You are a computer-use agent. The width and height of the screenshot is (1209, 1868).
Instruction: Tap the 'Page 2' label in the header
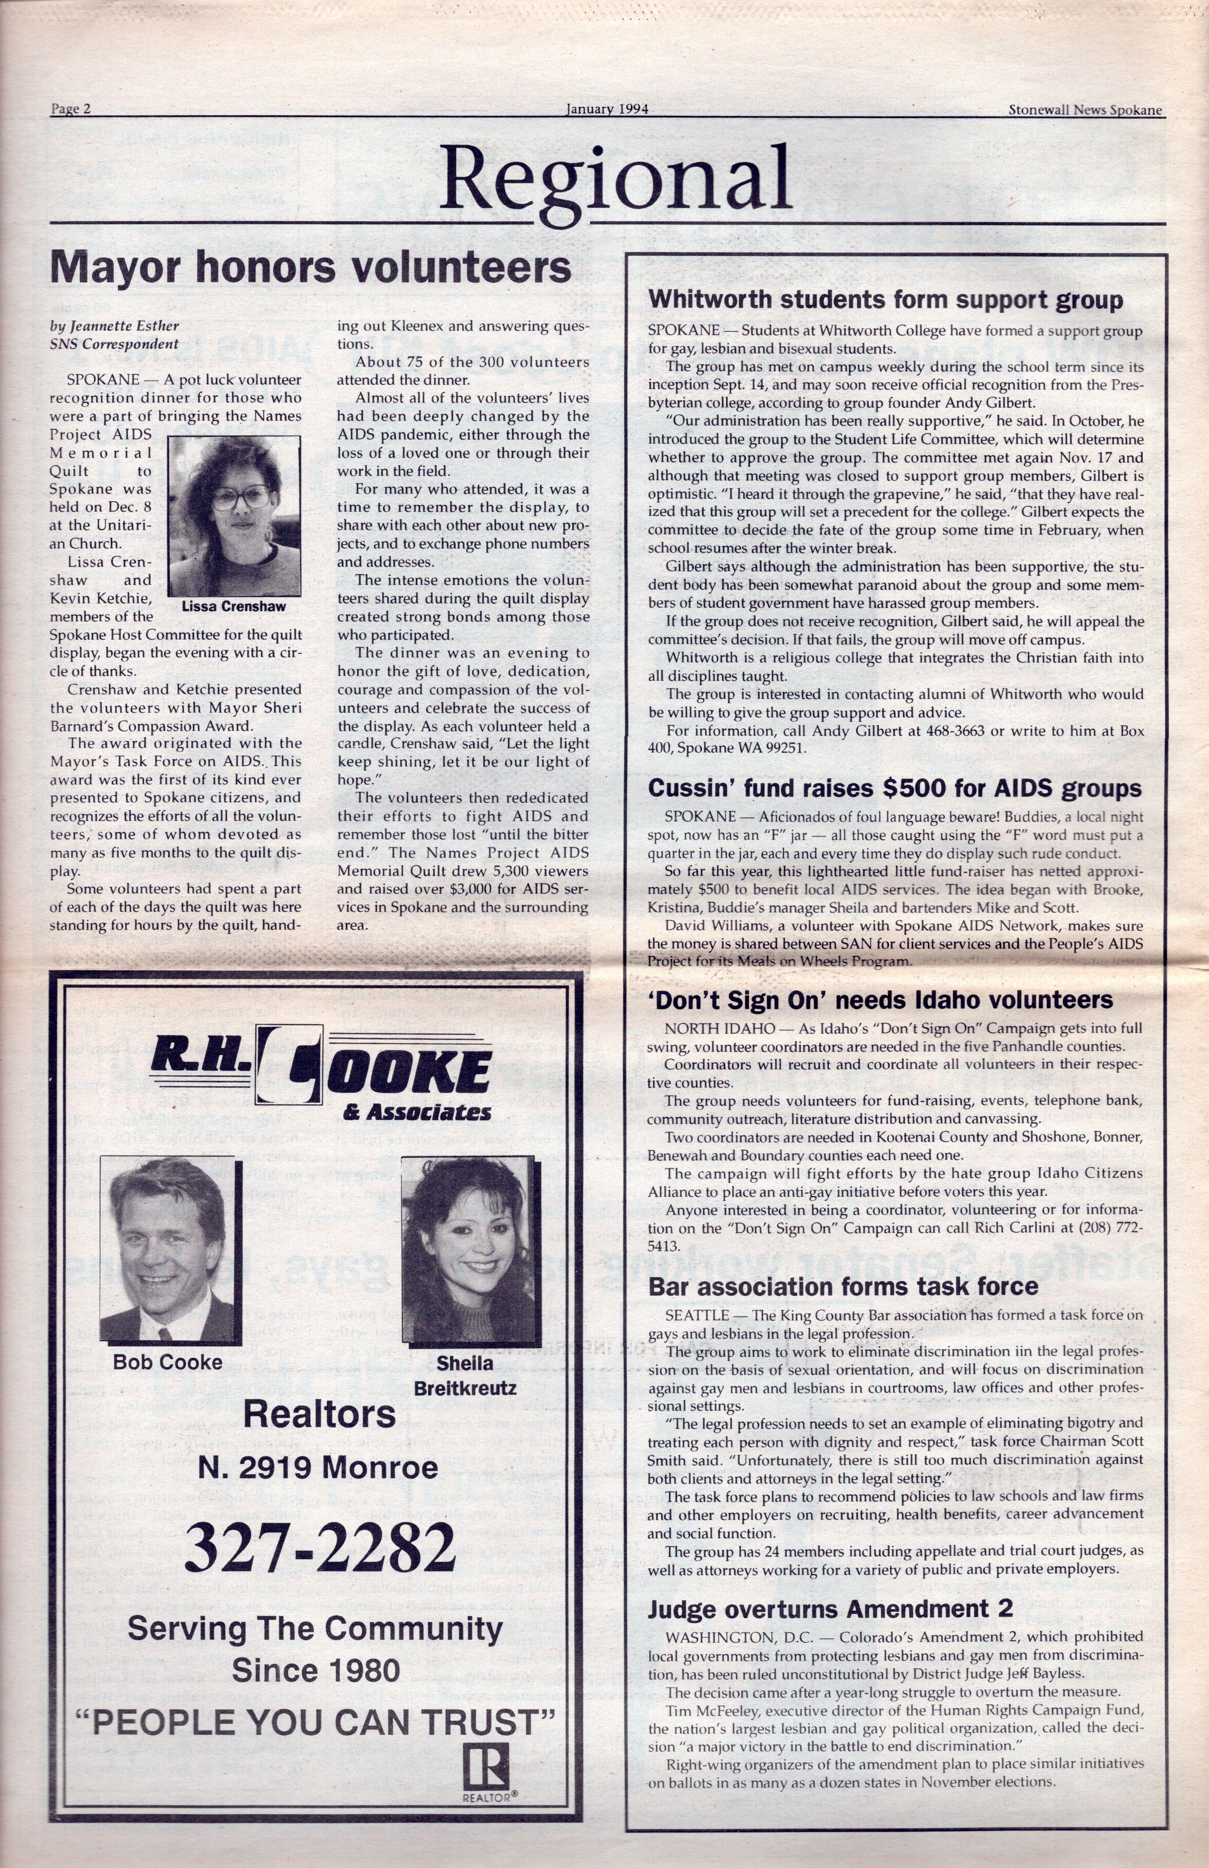click(x=71, y=109)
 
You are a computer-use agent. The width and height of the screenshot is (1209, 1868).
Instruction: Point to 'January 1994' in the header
click(x=607, y=109)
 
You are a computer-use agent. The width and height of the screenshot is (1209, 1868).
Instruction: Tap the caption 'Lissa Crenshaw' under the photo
click(x=234, y=607)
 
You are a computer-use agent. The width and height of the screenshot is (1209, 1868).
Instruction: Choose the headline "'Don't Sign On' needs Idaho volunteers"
click(x=880, y=1000)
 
